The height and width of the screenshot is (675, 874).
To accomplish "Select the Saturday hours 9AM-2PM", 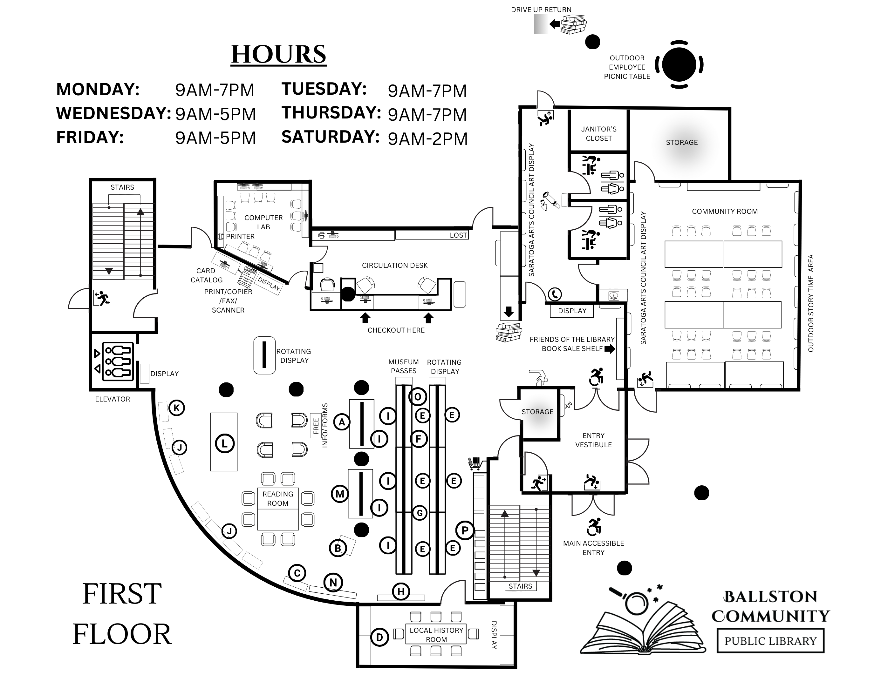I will click(427, 139).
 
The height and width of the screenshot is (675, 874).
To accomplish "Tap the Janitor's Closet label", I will click(599, 133).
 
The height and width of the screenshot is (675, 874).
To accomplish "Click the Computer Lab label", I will click(263, 222).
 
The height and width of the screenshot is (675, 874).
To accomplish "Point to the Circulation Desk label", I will click(395, 266).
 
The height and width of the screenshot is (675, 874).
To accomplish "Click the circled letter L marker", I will click(224, 443).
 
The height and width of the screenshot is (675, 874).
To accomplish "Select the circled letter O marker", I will click(417, 397).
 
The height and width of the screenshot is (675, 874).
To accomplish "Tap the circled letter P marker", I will click(465, 531).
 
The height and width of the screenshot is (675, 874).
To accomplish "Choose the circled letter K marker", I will click(176, 408).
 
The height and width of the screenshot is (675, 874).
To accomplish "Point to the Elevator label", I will click(113, 399).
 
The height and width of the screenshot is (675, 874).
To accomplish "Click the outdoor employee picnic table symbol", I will click(679, 64).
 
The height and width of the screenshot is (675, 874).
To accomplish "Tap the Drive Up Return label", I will click(541, 10).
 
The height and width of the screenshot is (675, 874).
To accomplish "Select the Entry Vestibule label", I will click(593, 440).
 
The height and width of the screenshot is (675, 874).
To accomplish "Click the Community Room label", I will click(725, 212).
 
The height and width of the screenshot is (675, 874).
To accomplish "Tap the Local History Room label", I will click(436, 635).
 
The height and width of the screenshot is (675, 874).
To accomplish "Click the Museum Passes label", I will click(403, 366).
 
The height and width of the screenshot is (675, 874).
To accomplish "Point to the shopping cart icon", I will click(474, 463).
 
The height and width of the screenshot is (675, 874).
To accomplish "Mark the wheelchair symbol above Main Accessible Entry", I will click(594, 527).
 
